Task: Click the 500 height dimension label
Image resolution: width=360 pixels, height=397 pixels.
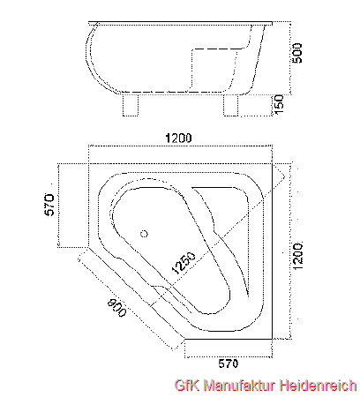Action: click(297, 53)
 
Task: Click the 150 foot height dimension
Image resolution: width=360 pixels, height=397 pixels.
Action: click(279, 104)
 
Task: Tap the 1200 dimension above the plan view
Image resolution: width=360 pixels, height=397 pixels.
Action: click(178, 138)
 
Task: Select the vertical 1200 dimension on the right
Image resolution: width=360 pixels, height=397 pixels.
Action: click(297, 257)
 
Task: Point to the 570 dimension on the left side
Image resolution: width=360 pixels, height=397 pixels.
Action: click(49, 205)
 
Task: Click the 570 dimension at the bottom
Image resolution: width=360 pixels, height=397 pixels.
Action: click(229, 363)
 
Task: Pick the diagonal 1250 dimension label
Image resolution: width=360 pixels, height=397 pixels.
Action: click(184, 263)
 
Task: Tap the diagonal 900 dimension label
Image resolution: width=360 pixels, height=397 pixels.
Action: click(116, 308)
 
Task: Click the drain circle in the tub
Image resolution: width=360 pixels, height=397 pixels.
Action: click(144, 234)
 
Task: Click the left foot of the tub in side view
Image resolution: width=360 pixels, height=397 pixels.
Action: click(131, 105)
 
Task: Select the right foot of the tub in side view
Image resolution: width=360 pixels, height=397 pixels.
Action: click(230, 105)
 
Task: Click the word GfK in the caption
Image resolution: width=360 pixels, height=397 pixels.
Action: click(187, 386)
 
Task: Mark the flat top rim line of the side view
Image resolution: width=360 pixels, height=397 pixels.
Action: click(180, 22)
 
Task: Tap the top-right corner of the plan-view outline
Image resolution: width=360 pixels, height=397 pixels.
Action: click(272, 163)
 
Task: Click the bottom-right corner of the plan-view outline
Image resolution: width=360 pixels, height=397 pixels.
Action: click(272, 339)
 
